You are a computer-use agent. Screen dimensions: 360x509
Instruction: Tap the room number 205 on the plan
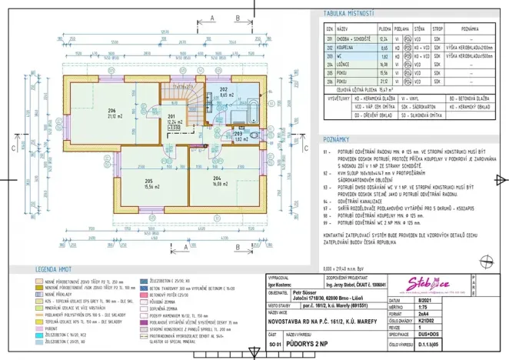[x=148, y=182]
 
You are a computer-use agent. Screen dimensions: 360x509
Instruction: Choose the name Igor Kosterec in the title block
[x=278, y=284]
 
